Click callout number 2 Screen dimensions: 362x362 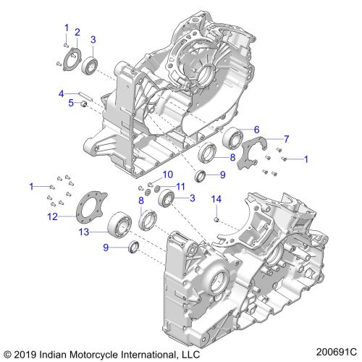tap(77, 32)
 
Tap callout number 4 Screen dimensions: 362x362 tap(62, 93)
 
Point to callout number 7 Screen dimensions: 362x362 tap(286, 139)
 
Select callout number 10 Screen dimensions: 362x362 tap(168, 174)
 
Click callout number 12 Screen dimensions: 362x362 tap(52, 216)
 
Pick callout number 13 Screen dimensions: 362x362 tap(84, 232)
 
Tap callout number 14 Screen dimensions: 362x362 tap(216, 199)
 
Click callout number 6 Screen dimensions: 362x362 tap(256, 130)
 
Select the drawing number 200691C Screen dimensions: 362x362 tap(337, 352)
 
